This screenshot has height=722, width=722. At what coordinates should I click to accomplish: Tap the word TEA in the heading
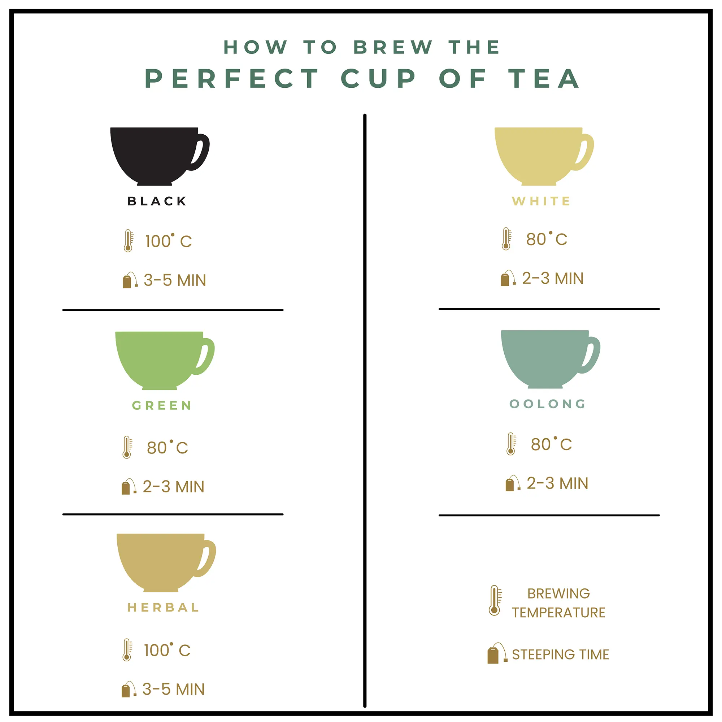point(544,79)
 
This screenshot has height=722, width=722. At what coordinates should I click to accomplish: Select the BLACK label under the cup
point(157,201)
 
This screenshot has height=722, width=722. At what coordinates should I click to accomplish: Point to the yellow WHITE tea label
point(541,201)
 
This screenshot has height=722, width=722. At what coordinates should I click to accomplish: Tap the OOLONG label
point(548,404)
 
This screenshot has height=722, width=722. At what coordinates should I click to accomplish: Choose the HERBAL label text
point(163,608)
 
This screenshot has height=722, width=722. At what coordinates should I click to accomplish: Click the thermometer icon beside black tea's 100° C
point(128,241)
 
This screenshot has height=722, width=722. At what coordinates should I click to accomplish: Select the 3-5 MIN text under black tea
point(174,280)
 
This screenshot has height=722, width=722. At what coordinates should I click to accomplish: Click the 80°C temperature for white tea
point(546,239)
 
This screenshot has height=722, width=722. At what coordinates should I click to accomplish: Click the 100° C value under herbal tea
point(167,650)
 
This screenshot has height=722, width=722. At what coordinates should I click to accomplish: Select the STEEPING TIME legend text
point(560,655)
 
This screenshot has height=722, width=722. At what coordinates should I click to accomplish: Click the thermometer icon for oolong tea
point(511,444)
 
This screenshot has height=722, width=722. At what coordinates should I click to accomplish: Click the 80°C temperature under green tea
point(167,448)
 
